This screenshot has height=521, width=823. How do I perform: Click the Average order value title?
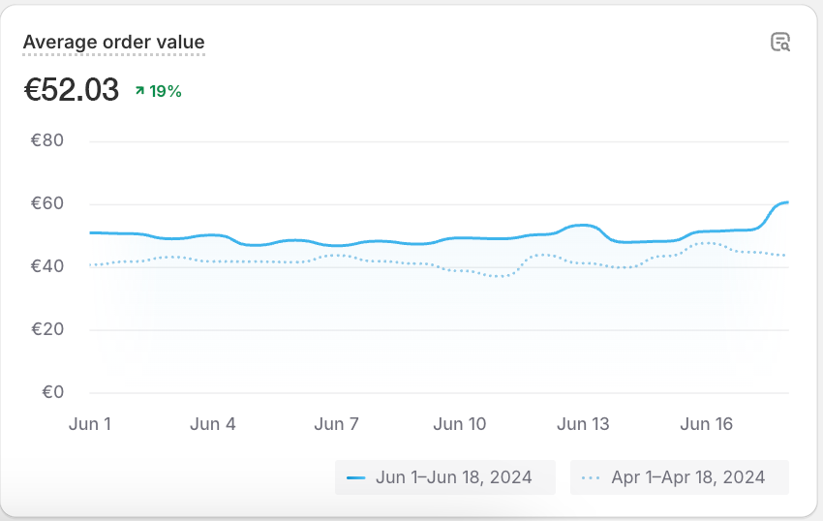(113, 43)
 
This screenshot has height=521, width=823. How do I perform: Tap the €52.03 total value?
(71, 90)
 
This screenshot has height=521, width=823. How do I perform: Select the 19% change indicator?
(165, 91)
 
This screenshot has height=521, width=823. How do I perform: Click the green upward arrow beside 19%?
(139, 91)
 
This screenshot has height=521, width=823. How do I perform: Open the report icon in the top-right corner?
(779, 42)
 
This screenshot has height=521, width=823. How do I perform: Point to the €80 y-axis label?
(47, 140)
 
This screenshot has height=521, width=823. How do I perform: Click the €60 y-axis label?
(47, 203)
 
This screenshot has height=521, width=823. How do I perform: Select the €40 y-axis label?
(47, 266)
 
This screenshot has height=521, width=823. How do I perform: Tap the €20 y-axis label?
(47, 329)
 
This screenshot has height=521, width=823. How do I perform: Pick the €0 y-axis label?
(52, 392)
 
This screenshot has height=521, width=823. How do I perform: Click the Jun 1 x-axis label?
(90, 424)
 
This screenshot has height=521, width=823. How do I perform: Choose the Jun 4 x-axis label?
(213, 424)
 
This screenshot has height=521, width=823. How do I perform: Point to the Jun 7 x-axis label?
(336, 424)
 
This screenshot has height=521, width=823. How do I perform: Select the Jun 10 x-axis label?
(460, 424)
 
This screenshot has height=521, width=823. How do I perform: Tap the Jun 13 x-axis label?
(584, 424)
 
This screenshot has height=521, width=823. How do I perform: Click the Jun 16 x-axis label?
(707, 424)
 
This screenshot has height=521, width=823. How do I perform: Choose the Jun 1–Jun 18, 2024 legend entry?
(445, 477)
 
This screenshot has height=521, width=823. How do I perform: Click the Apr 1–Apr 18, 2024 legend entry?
(680, 477)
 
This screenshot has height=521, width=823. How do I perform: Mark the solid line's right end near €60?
(787, 201)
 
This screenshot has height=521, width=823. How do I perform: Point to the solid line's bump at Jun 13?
(581, 225)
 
